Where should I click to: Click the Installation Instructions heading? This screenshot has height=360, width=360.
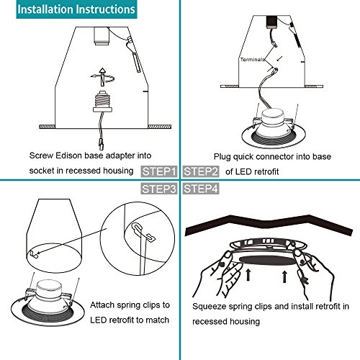[x=76, y=9]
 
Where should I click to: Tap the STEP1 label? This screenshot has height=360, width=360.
[x=159, y=171]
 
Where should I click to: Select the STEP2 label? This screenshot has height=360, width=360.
[x=201, y=171]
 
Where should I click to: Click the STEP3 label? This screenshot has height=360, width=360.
[x=159, y=189]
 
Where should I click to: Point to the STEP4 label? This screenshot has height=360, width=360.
[x=201, y=189]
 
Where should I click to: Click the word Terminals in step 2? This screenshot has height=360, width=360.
[x=253, y=60]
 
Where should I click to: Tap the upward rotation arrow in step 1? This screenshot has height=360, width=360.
[x=103, y=77]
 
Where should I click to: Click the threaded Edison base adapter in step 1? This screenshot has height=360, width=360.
[x=103, y=101]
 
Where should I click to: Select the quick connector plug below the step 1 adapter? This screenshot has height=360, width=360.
[x=102, y=145]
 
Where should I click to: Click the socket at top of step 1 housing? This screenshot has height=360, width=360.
[x=102, y=36]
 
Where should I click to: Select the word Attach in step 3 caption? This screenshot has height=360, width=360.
[x=102, y=305]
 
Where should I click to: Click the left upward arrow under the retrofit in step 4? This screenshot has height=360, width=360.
[x=248, y=275]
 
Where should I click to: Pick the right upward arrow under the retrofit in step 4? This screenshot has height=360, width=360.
[x=285, y=276]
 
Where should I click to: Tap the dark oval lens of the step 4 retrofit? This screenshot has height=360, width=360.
[x=268, y=260]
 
